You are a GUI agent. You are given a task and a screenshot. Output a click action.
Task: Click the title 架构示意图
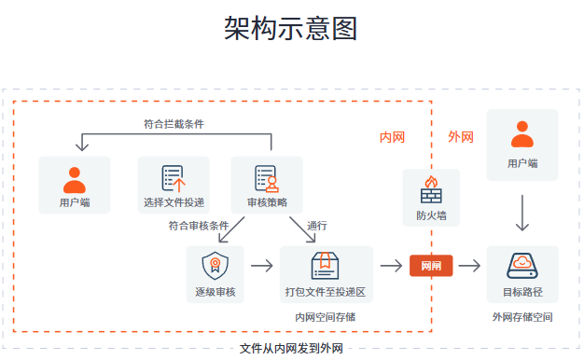pyautogui.click(x=291, y=28)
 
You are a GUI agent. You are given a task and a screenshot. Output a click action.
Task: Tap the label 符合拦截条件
pyautogui.click(x=174, y=123)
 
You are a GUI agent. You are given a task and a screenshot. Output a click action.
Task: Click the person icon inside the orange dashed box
pyautogui.click(x=75, y=177)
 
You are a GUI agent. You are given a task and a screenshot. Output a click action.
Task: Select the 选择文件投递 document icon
pyautogui.click(x=174, y=177)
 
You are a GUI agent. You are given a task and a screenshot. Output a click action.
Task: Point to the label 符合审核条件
pyautogui.click(x=199, y=226)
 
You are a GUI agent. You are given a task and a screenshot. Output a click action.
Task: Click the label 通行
pyautogui.click(x=317, y=226)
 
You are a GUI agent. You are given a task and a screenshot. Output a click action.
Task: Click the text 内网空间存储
pyautogui.click(x=325, y=317)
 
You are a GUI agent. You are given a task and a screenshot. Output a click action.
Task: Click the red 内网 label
pyautogui.click(x=392, y=137)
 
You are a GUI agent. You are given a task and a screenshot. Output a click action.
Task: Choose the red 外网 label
pyautogui.click(x=461, y=137)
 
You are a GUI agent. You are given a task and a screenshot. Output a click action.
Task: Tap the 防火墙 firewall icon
pyautogui.click(x=431, y=189)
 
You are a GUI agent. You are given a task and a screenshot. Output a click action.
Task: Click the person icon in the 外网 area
pyautogui.click(x=522, y=135)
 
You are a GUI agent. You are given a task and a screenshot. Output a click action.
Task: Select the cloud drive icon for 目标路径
pyautogui.click(x=522, y=265)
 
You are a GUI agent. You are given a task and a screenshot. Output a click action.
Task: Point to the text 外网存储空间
pyautogui.click(x=522, y=317)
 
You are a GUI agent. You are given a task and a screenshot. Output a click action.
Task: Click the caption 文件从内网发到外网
pyautogui.click(x=291, y=349)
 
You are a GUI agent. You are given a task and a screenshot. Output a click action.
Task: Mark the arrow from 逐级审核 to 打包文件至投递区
pyautogui.click(x=262, y=266)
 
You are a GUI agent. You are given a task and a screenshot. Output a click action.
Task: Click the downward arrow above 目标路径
pyautogui.click(x=522, y=214)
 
